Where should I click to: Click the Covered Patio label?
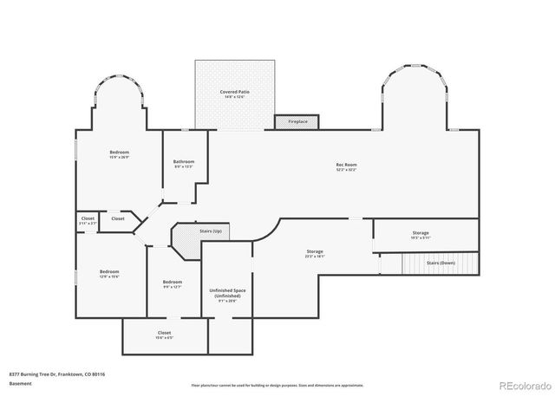click(x=234, y=91)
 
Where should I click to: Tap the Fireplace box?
click(x=297, y=122)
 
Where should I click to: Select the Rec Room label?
click(x=346, y=165)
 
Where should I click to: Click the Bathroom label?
click(x=184, y=162)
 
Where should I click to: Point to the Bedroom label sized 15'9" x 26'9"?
click(x=120, y=153)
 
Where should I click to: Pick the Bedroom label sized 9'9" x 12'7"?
click(x=173, y=282)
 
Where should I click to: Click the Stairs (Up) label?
click(x=211, y=232)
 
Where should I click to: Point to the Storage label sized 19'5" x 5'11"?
click(x=421, y=232)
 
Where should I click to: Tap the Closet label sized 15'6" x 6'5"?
click(x=164, y=333)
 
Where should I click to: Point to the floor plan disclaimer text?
click(x=277, y=386)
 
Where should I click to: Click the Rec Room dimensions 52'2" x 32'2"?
click(x=346, y=170)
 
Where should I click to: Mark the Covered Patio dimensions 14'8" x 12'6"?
click(x=234, y=96)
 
